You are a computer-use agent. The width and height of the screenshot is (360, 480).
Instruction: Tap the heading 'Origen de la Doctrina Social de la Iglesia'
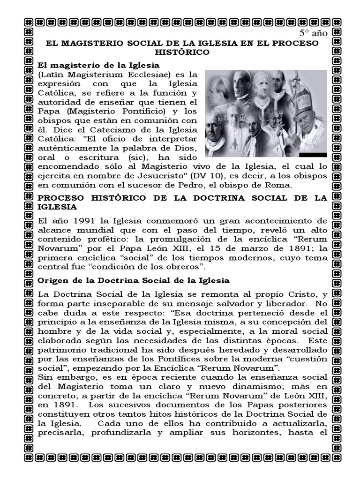pyautogui.click(x=134, y=280)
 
